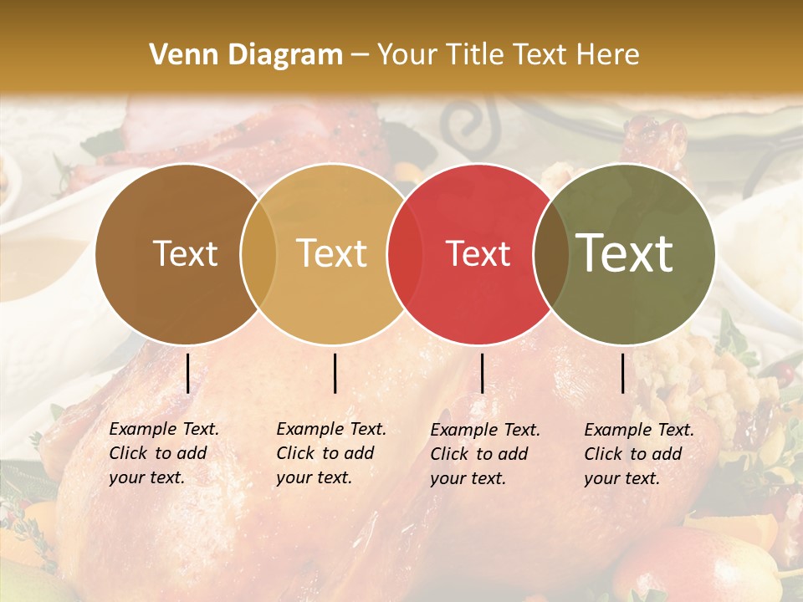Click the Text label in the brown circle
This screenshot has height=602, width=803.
[185, 253]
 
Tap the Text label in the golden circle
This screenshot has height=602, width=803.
[331, 253]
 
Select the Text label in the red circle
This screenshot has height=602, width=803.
[478, 253]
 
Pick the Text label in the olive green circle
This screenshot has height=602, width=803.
[625, 253]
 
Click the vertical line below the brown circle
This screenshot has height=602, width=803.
[187, 373]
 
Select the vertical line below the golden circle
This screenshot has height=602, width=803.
[335, 373]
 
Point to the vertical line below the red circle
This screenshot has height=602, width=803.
[483, 373]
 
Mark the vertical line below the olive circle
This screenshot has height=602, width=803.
[623, 373]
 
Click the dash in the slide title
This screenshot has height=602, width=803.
[360, 55]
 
